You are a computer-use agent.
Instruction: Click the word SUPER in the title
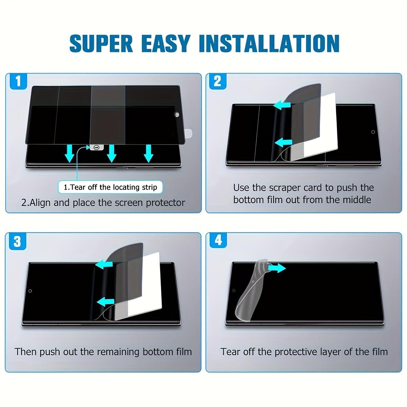[x=101, y=43]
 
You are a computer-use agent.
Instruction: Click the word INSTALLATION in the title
[x=269, y=43]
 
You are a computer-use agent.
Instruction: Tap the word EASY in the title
[x=166, y=43]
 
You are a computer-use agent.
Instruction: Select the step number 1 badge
[x=19, y=81]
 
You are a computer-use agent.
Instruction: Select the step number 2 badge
[x=218, y=81]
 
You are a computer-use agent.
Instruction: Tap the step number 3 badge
[x=18, y=241]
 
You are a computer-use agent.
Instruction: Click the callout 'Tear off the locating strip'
[x=111, y=187]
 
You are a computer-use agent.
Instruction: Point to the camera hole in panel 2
[x=373, y=132]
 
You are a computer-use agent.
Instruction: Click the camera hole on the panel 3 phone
[x=30, y=291]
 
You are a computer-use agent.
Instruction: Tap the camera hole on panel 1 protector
[x=177, y=115]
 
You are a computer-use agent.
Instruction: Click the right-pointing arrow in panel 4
[x=277, y=268]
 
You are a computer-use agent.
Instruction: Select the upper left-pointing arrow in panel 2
[x=282, y=105]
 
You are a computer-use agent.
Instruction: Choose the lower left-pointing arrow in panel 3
[x=105, y=302]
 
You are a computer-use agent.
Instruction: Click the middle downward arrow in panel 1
[x=111, y=153]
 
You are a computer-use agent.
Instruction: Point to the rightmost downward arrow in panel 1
[x=149, y=153]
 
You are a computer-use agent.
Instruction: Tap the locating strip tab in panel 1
[x=97, y=148]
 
